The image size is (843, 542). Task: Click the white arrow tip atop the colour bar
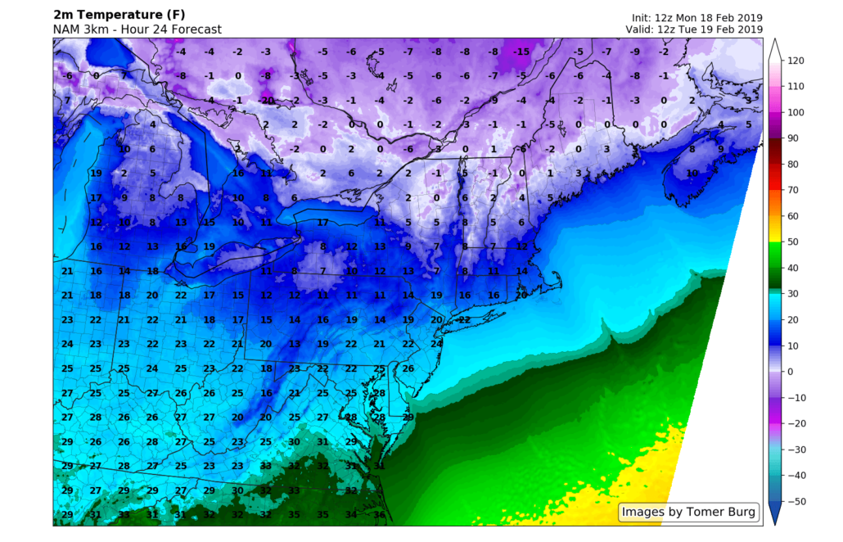click(x=775, y=44)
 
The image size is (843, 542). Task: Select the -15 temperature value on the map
click(x=521, y=52)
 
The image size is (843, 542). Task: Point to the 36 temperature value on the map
click(x=379, y=514)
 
